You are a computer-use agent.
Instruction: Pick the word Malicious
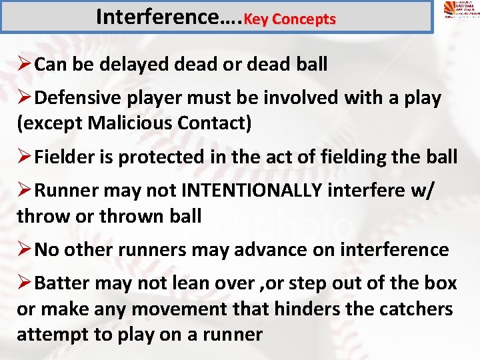click(x=128, y=123)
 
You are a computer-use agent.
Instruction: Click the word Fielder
click(x=61, y=157)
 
